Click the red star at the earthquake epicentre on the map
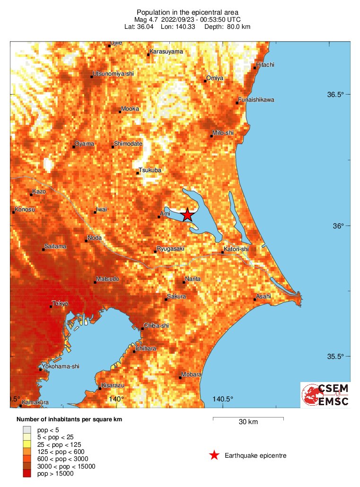[x=187, y=215]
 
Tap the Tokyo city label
[x=60, y=303]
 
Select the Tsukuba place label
[x=150, y=170]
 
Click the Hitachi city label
[x=265, y=65]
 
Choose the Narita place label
[x=193, y=279]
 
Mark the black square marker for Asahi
[x=255, y=299]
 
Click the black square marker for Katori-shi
[x=223, y=252]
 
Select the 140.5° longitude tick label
[x=222, y=399]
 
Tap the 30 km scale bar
[x=248, y=418]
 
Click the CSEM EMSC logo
[x=325, y=395]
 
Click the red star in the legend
[x=214, y=455]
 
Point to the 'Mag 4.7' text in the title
[x=146, y=19]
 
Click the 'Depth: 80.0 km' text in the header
[x=227, y=26]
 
